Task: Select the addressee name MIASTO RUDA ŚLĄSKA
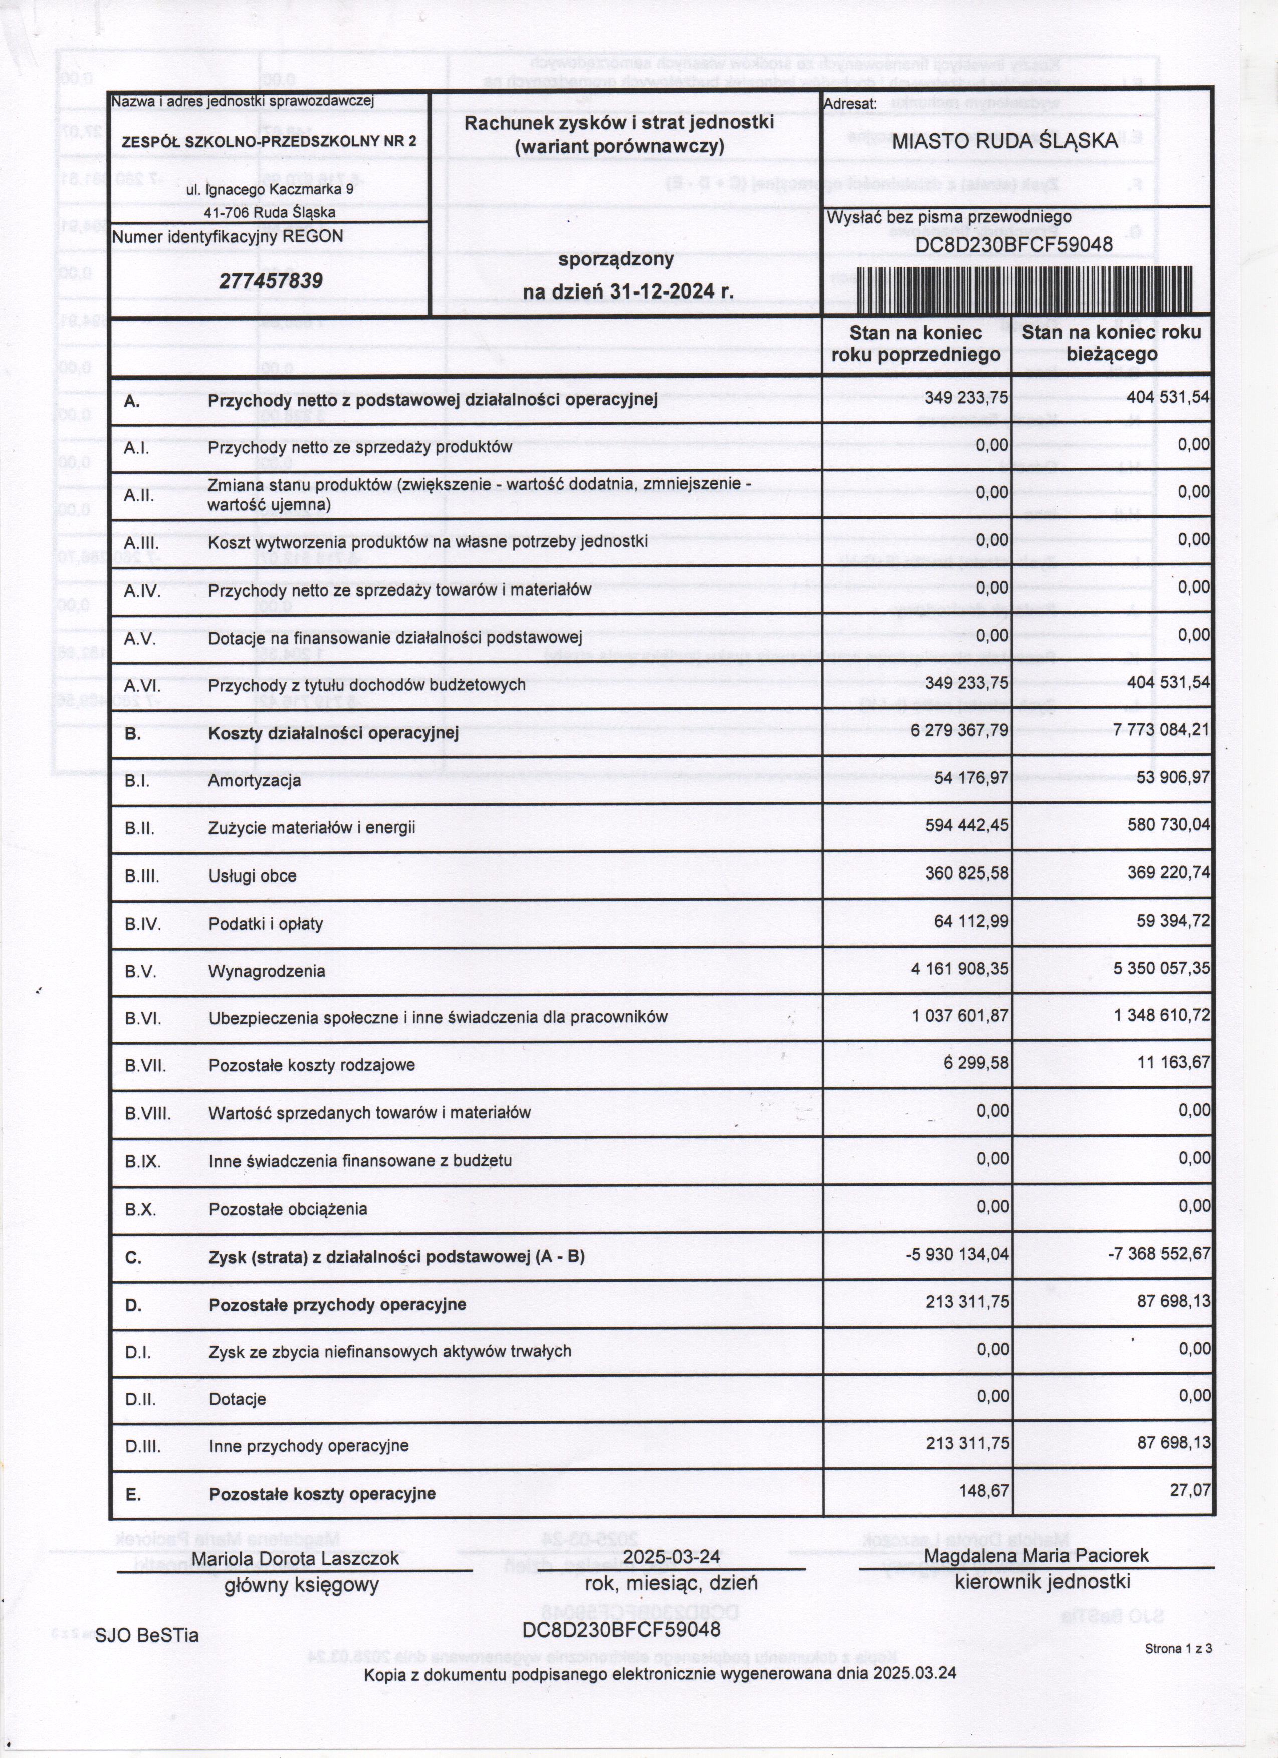[x=1004, y=141]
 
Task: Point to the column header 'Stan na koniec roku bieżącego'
[x=1111, y=343]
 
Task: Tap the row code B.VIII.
[x=147, y=1113]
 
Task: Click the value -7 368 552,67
[x=1159, y=1253]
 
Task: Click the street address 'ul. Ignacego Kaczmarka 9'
[x=269, y=189]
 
